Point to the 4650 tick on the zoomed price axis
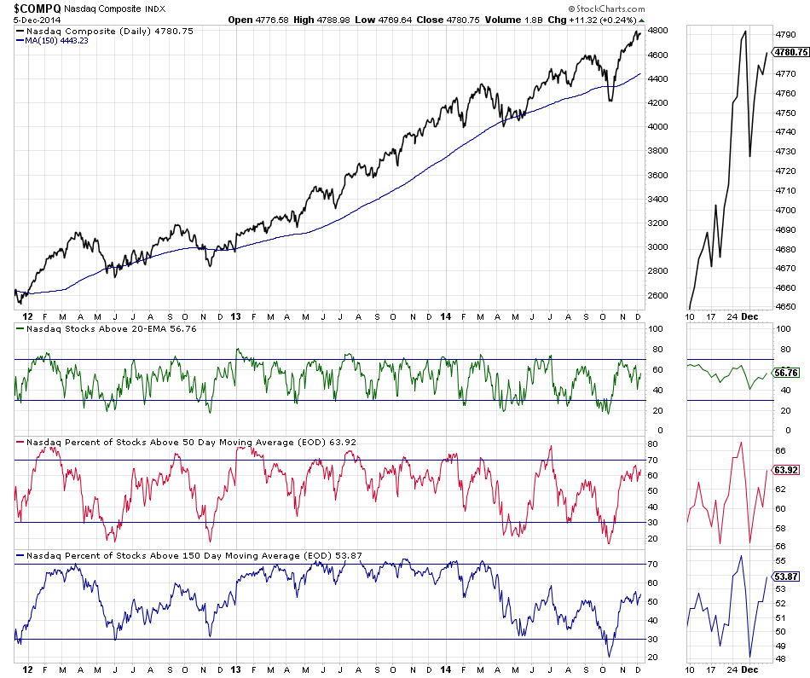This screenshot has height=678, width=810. point(785,307)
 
